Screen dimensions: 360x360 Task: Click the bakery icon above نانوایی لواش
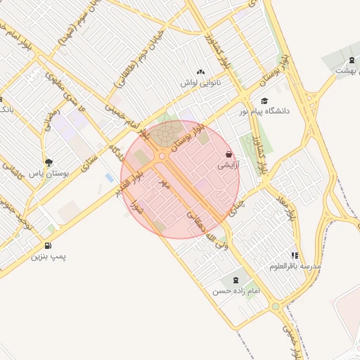point(200,72)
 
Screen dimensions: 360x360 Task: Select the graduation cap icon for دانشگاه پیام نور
point(264,101)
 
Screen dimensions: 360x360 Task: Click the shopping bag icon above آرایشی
point(229,154)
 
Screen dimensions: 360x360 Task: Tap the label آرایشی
point(227,165)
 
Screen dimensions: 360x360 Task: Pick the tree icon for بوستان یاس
point(48,162)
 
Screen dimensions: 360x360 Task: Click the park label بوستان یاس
point(46,173)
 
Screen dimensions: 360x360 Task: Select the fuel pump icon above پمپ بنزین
point(48,245)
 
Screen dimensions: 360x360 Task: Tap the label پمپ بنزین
point(47,257)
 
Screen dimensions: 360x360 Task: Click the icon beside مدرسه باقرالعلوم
point(295,255)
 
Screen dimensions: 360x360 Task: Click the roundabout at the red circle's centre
point(163,156)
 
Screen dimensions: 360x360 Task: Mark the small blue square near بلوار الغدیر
point(109,176)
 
